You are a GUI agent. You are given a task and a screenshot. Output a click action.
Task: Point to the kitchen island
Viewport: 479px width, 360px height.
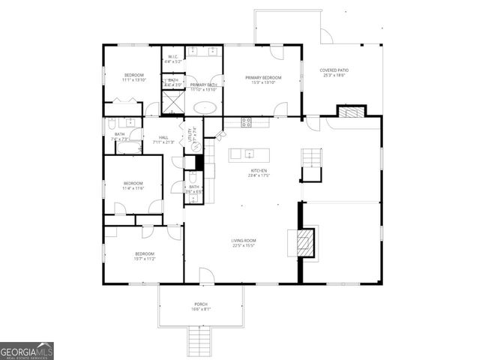(250, 154)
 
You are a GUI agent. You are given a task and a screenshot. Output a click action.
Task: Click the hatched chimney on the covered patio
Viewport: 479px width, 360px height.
(351, 112)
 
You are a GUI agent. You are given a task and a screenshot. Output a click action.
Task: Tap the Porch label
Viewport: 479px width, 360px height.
(201, 305)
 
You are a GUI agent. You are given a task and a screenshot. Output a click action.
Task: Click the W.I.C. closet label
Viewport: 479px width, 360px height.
(172, 57)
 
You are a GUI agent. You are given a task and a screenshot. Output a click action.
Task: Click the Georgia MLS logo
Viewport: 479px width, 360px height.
(27, 351)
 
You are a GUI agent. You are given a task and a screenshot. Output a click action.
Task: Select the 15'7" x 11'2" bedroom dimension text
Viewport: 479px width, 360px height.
(145, 259)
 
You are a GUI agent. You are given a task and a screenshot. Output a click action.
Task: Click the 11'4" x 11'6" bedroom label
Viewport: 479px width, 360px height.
(133, 185)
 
